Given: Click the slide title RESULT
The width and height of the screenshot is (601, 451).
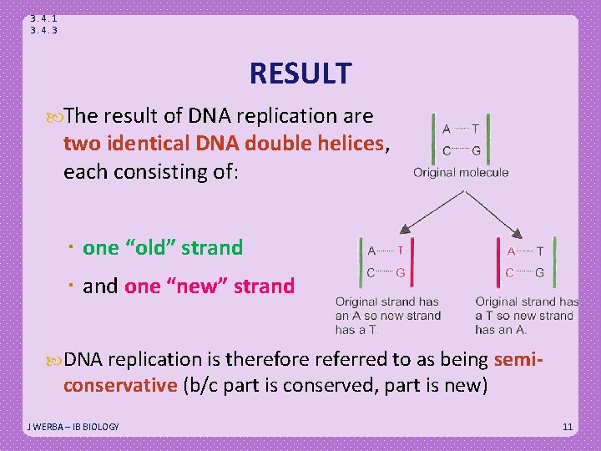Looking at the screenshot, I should click(300, 73).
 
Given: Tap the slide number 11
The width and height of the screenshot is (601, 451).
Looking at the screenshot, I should click(568, 427).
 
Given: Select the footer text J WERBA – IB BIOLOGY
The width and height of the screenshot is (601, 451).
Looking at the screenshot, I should click(73, 427).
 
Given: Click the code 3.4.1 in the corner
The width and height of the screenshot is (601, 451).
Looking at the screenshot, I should click(43, 18).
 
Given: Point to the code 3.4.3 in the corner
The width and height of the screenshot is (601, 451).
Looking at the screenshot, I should click(43, 30).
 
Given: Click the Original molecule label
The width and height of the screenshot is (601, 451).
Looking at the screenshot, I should click(461, 173).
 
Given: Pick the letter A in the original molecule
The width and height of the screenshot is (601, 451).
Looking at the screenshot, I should click(447, 129).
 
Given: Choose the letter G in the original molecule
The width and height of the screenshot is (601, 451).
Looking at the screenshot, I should click(476, 151).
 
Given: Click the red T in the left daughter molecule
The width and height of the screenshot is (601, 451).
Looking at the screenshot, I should click(401, 251).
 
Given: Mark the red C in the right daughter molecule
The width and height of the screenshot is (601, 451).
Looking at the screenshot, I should click(509, 272).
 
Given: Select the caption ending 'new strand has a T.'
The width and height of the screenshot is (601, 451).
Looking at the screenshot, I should click(387, 316).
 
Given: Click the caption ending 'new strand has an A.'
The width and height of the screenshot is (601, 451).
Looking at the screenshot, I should click(526, 316).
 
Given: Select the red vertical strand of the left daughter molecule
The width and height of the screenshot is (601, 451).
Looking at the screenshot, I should click(411, 261).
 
